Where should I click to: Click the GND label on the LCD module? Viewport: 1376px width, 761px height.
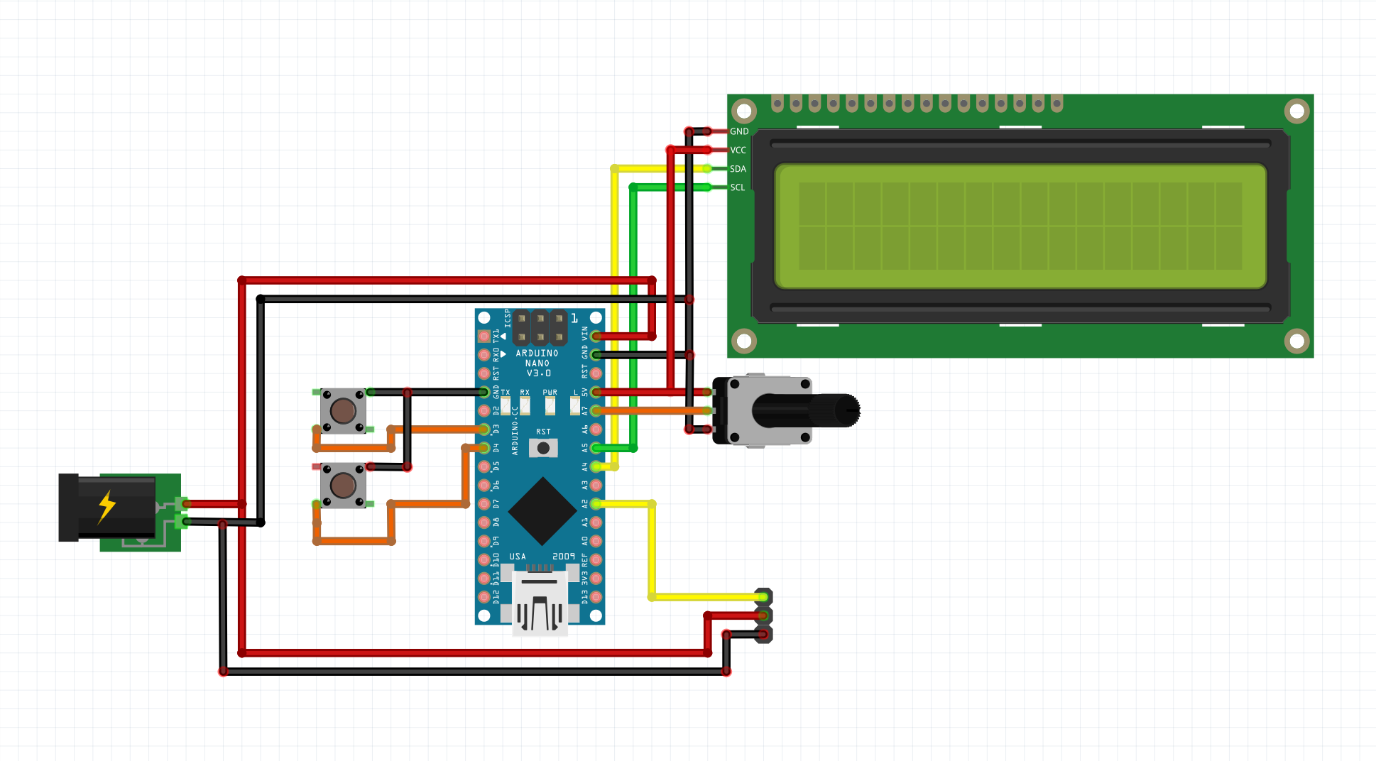[x=739, y=131]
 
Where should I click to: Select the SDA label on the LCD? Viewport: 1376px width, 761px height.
[x=738, y=169]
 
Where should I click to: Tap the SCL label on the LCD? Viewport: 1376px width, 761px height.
[x=738, y=187]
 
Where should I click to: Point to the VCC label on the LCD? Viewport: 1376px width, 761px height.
[x=738, y=150]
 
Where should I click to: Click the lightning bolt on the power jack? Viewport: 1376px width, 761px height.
[x=107, y=506]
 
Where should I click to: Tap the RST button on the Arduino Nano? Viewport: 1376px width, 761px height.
[x=543, y=448]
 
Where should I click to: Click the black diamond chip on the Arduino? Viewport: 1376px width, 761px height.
[x=542, y=511]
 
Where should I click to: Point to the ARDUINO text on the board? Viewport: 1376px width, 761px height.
[x=537, y=353]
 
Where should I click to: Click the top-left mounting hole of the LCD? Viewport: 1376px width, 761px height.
[x=744, y=111]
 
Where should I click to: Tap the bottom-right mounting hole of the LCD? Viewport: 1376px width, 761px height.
[x=1296, y=341]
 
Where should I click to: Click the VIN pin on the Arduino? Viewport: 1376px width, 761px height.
[x=596, y=336]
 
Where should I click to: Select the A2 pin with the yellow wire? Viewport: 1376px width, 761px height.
[x=596, y=503]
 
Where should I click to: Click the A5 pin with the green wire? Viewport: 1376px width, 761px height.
[x=596, y=448]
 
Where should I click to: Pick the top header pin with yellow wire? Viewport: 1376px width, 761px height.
[x=763, y=597]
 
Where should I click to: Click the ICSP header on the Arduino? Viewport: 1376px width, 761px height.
[x=540, y=327]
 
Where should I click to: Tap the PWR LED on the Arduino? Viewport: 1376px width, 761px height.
[x=550, y=405]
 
